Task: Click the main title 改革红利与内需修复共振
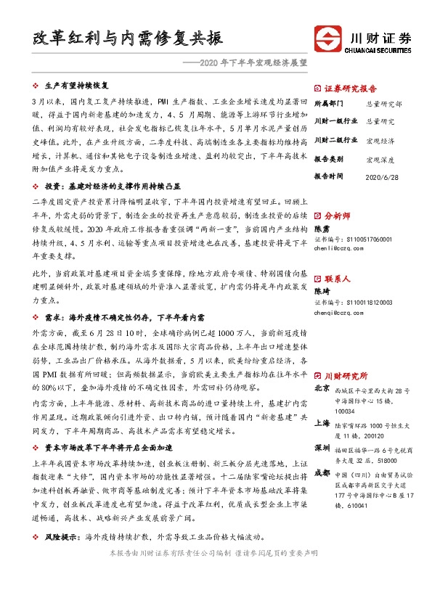(127, 38)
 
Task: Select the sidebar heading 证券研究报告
(350, 85)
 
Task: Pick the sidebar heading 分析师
(337, 216)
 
